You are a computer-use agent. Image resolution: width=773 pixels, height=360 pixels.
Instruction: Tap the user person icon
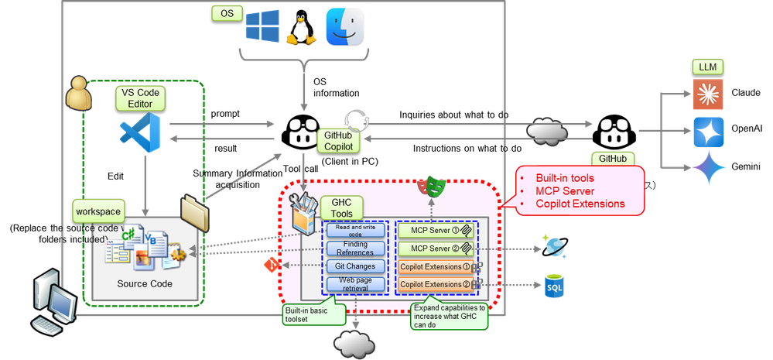78,94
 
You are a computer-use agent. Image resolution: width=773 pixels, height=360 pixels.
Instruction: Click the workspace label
97,211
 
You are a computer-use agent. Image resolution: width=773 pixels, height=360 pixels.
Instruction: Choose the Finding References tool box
355,248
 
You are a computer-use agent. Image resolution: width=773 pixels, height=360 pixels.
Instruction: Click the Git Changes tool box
355,266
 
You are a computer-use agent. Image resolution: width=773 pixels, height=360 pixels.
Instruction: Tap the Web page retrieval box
355,284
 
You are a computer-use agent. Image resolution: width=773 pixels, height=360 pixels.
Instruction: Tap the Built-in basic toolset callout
309,313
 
